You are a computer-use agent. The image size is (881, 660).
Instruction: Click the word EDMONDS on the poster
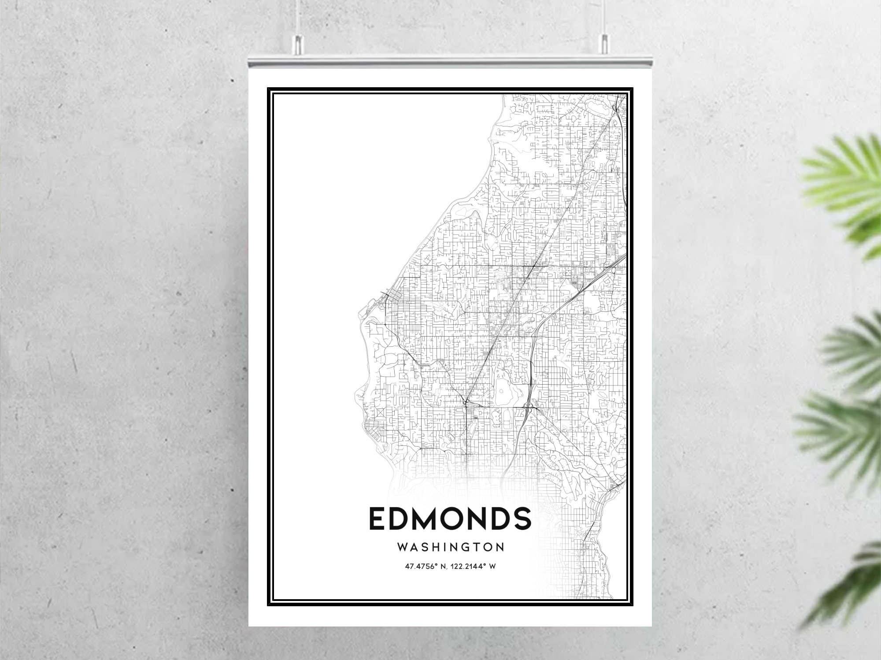point(450,519)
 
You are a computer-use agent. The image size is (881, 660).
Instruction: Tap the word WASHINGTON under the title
point(451,547)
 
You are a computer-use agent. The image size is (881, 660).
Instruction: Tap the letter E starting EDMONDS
point(378,519)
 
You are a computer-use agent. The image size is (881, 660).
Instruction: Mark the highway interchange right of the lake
point(529,406)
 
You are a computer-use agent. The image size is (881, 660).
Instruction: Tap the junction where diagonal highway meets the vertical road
point(466,402)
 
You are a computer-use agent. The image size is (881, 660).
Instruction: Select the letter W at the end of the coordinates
point(492,567)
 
